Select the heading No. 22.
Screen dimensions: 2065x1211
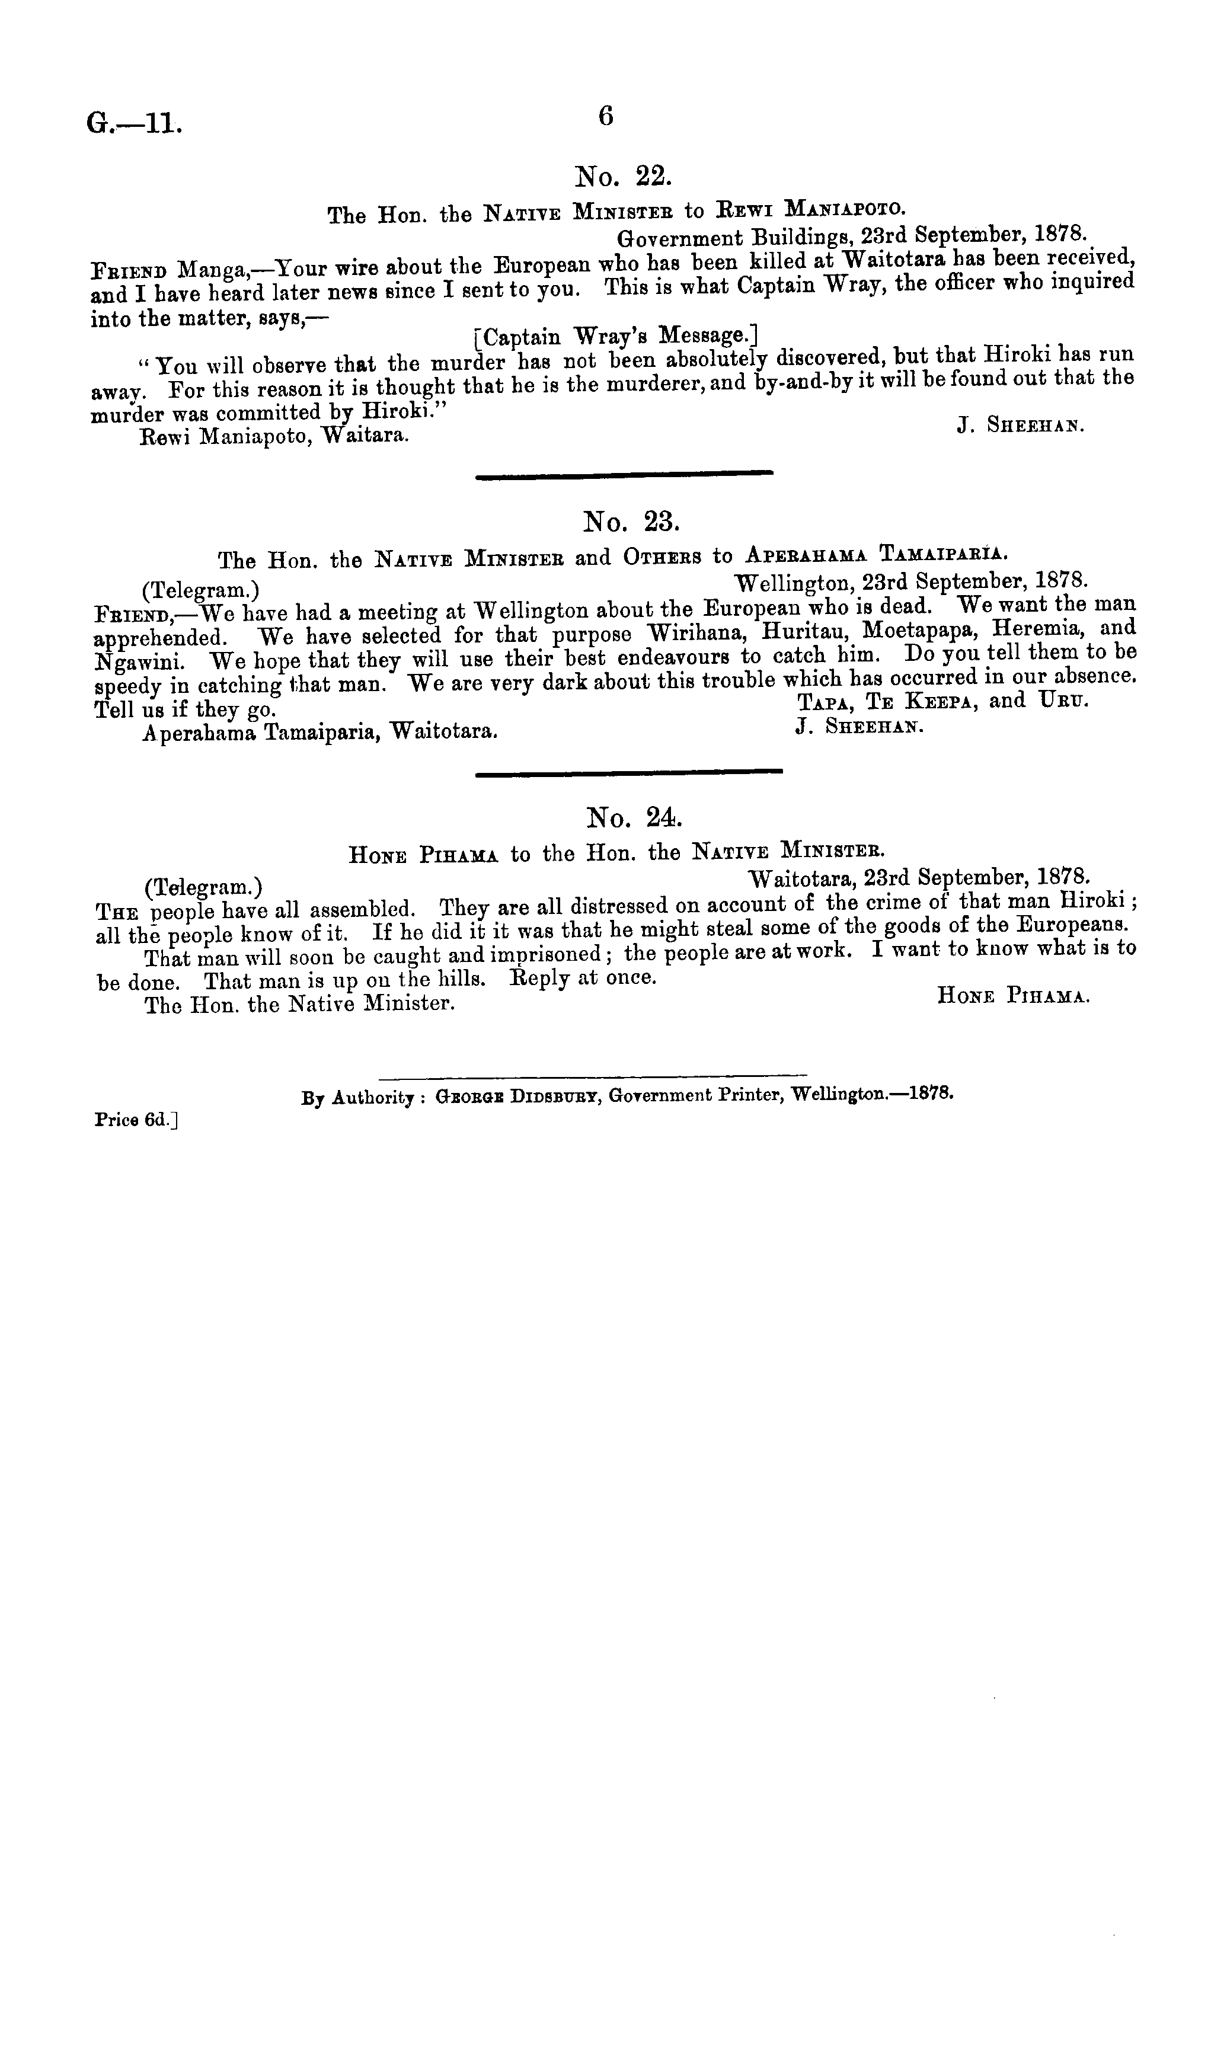click(x=624, y=175)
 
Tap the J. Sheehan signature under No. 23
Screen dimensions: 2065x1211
click(x=859, y=726)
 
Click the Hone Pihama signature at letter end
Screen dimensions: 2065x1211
click(x=1012, y=996)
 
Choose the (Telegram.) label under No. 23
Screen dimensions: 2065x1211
click(x=202, y=589)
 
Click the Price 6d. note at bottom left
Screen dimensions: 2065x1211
click(x=136, y=1120)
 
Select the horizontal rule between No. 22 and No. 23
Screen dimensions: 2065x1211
click(x=624, y=474)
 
